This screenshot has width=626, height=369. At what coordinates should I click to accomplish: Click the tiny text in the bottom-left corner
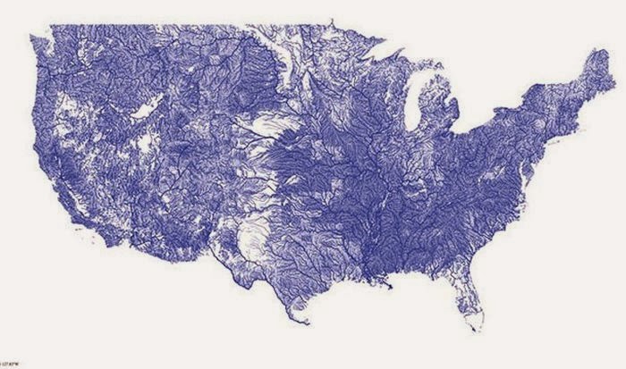coord(11,365)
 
